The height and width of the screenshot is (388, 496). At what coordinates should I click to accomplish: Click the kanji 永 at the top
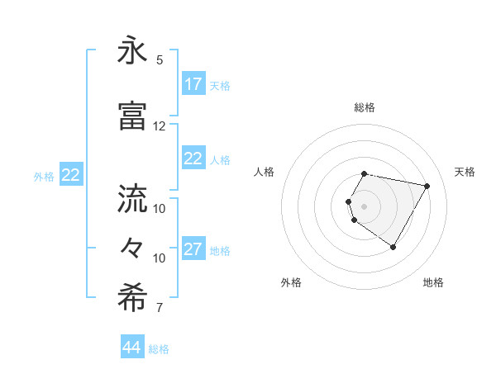[133, 51]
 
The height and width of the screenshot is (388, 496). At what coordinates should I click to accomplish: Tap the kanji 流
[133, 199]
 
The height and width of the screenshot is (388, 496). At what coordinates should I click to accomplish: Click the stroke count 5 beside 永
[160, 60]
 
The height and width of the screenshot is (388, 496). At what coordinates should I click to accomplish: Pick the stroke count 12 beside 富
[160, 125]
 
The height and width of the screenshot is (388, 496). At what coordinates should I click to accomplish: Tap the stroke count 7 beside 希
[160, 308]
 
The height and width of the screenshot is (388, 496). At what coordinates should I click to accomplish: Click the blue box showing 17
[193, 84]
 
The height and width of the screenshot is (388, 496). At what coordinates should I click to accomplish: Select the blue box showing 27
[193, 250]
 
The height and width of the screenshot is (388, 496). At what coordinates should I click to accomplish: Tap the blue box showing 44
[132, 348]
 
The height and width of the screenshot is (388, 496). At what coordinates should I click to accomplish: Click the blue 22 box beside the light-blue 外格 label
[71, 175]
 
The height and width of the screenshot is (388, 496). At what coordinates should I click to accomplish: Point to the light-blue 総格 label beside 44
[159, 349]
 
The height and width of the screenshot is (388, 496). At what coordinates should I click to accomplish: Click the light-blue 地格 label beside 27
[220, 251]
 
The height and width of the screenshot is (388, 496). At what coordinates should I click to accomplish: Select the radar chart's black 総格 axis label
[365, 107]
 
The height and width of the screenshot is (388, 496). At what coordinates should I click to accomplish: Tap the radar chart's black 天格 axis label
[465, 172]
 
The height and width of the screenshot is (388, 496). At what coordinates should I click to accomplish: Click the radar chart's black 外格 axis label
[291, 282]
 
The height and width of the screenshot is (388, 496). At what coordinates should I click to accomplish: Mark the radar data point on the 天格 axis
[427, 187]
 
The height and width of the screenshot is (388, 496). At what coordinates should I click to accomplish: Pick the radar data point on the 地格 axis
[393, 247]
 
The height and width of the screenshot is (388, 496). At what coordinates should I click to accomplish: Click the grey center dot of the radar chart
[365, 206]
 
